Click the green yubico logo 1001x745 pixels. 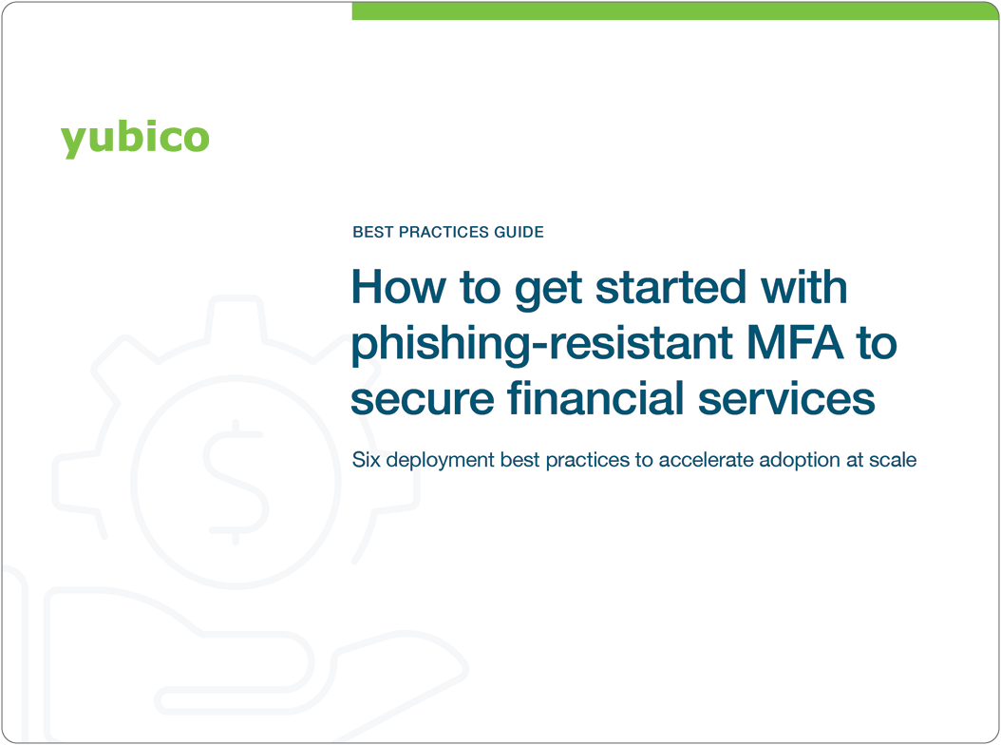[x=135, y=138]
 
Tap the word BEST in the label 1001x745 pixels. [x=371, y=232]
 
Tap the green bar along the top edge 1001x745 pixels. [x=674, y=10]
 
